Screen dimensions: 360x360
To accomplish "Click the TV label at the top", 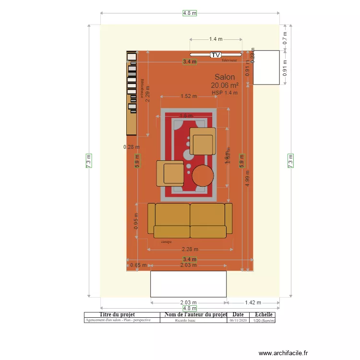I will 216,55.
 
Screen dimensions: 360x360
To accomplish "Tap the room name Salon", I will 225,77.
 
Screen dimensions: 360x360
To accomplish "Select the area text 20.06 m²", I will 225,85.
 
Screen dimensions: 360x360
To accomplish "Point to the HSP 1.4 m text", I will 225,93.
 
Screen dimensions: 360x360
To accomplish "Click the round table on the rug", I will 203,176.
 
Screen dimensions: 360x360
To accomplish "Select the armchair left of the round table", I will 170,173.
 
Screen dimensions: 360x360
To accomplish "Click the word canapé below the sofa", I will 166,242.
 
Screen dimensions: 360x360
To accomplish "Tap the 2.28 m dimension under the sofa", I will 190,249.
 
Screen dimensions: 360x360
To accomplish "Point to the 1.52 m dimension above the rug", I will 189,96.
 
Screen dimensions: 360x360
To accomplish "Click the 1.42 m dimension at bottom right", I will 252,302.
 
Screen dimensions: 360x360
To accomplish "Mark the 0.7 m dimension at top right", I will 285,37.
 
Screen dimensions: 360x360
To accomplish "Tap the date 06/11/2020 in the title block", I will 238,320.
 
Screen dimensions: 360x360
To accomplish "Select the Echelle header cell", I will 264,315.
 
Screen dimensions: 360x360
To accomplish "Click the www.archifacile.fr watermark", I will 283,353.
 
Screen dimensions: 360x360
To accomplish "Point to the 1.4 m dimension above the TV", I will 216,39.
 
